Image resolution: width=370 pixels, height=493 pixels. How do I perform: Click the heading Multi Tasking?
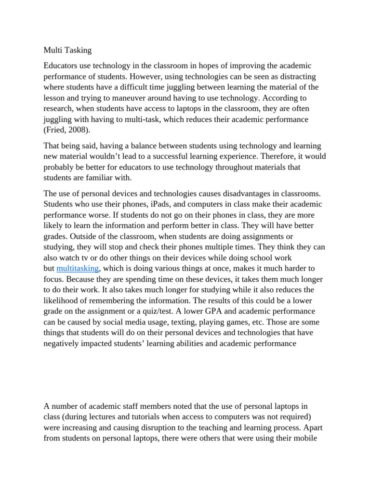[67, 50]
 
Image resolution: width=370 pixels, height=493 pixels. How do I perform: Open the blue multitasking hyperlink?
[78, 268]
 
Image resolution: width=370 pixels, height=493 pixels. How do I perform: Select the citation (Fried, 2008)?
[67, 130]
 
